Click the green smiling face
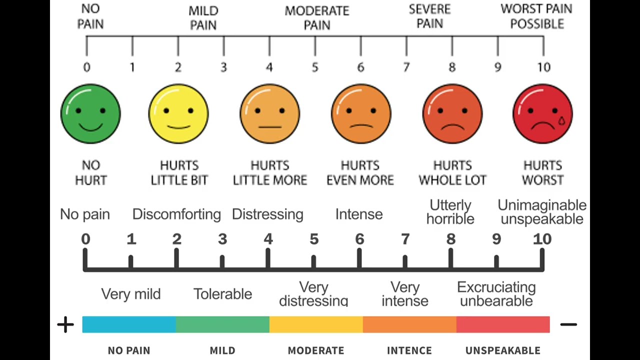pos(90,113)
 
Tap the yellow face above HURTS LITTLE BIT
pos(178,113)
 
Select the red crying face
pos(543,113)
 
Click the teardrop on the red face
pos(561,121)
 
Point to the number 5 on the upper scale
pos(315,67)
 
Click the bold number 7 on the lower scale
pos(405,239)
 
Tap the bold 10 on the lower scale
pos(542,239)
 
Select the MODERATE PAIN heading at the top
pos(317,18)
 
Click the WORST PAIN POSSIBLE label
pos(536,16)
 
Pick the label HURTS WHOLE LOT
pos(452,173)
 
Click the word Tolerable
pos(223,294)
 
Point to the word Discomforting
pos(176,214)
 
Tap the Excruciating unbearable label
pos(496,294)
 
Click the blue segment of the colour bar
pos(129,324)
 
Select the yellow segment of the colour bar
pos(316,324)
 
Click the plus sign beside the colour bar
pos(65,324)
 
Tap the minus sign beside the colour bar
pos(568,324)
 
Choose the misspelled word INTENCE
pos(409,350)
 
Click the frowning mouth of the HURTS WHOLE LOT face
pos(452,127)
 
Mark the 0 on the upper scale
pos(87,67)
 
